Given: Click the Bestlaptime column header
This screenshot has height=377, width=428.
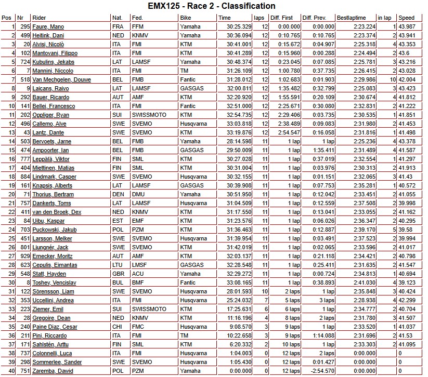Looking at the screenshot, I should pyautogui.click(x=352, y=18).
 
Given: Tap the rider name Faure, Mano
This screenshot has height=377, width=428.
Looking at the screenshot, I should pyautogui.click(x=48, y=26).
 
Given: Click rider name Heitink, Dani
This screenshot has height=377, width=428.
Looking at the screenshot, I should pyautogui.click(x=48, y=35).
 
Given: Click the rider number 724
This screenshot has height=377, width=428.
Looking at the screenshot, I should pyautogui.click(x=24, y=62).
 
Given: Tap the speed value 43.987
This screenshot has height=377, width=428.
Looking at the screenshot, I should pyautogui.click(x=407, y=26).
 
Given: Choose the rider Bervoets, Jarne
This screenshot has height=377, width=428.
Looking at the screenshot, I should pyautogui.click(x=51, y=141).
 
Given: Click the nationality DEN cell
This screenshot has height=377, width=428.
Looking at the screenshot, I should pyautogui.click(x=118, y=194).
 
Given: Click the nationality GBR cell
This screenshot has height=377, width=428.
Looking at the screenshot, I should pyautogui.click(x=118, y=274).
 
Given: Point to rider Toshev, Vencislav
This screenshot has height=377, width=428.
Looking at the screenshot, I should pyautogui.click(x=54, y=282).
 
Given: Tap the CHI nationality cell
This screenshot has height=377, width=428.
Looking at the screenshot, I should pyautogui.click(x=117, y=327).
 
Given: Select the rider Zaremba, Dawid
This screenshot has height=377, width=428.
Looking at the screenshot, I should pyautogui.click(x=53, y=371).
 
